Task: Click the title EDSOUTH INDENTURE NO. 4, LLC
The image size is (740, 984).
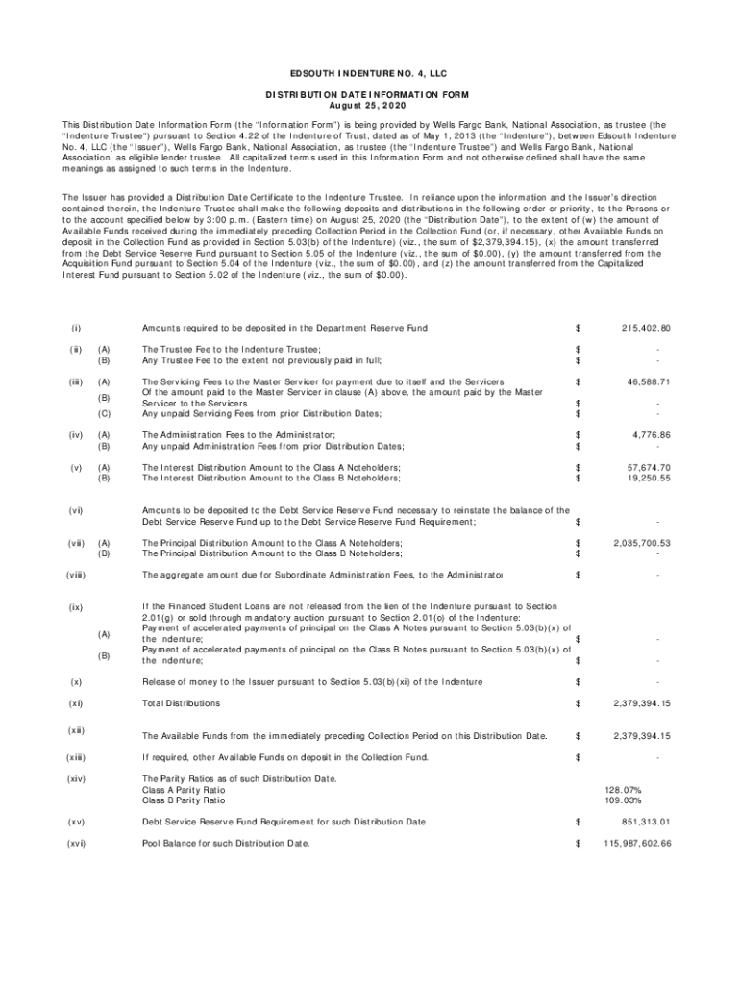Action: click(370, 74)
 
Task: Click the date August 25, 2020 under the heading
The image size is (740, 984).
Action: click(370, 105)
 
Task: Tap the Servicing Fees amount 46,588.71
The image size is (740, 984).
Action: click(649, 381)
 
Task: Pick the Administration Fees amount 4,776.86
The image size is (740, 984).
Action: click(652, 435)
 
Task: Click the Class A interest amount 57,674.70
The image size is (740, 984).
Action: click(649, 467)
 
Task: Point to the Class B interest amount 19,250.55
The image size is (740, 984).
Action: click(649, 478)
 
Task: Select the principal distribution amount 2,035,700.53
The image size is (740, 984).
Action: click(641, 543)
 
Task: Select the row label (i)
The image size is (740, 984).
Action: click(76, 329)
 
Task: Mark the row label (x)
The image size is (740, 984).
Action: click(76, 681)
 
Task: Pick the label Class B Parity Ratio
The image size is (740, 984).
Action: click(184, 799)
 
